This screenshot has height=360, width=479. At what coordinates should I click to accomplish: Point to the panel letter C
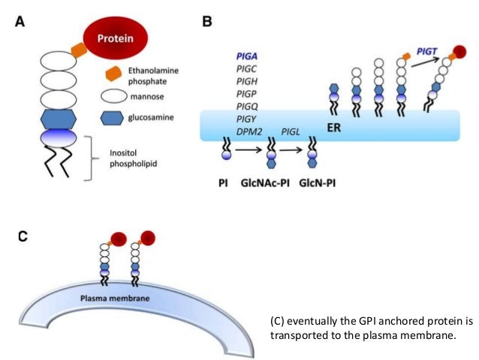(23, 235)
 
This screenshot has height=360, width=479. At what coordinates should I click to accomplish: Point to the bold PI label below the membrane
(226, 182)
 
